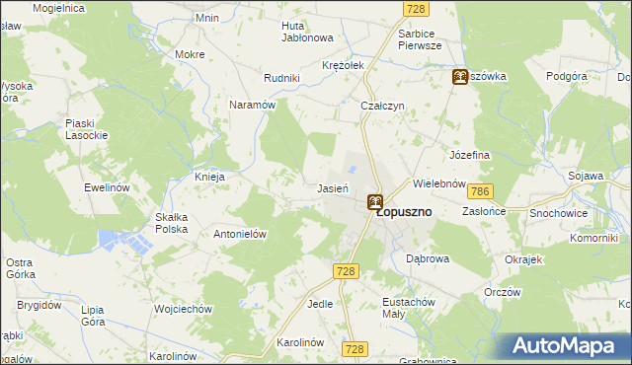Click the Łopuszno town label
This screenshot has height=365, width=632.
pyautogui.click(x=420, y=212)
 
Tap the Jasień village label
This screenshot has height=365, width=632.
pyautogui.click(x=331, y=187)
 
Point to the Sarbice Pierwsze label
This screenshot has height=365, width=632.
pyautogui.click(x=425, y=38)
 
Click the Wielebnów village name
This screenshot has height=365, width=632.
pyautogui.click(x=438, y=183)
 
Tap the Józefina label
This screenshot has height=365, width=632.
pyautogui.click(x=470, y=156)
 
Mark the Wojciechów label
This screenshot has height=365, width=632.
pyautogui.click(x=184, y=309)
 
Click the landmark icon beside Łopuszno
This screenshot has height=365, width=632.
pyautogui.click(x=375, y=202)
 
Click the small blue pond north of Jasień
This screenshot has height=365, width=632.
pyautogui.click(x=351, y=170)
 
